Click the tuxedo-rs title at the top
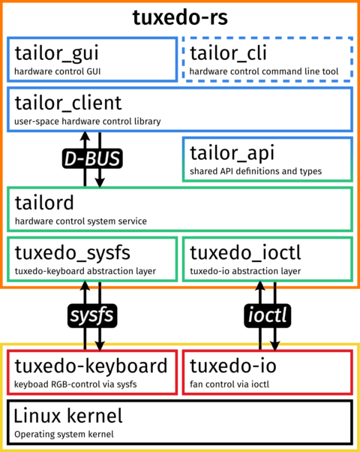(180, 17)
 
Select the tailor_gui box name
(57, 53)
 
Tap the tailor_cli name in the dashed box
(228, 53)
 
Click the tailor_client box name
(68, 103)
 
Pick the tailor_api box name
(232, 153)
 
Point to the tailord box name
(44, 203)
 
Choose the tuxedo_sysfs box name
(73, 253)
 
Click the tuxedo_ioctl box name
(245, 252)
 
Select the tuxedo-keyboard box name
(91, 366)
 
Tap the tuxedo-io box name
(233, 366)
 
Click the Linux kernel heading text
(68, 416)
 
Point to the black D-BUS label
(92, 158)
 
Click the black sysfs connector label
(92, 315)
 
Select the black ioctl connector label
(267, 315)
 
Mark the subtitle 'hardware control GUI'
(57, 71)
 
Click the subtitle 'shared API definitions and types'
(256, 171)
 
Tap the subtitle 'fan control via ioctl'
(229, 384)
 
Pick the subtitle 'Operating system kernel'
(64, 434)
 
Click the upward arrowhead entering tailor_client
(85, 136)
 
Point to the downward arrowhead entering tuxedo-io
(274, 346)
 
